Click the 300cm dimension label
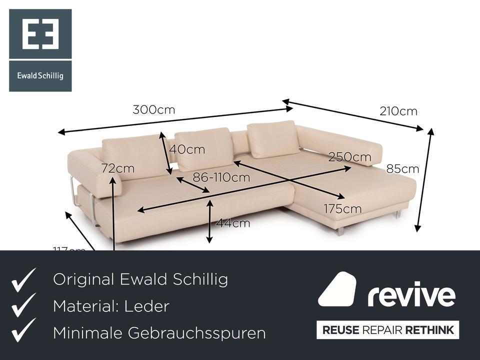[154, 110]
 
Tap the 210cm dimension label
[398, 111]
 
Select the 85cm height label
[402, 169]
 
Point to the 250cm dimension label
[350, 157]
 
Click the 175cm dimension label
[342, 209]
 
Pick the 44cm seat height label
[232, 223]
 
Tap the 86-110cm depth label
[221, 177]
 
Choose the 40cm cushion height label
[187, 149]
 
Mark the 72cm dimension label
[118, 168]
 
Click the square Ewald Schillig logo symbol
[40, 34]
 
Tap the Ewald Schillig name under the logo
[40, 76]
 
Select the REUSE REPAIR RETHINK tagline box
[387, 330]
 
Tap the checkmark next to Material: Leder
[23, 305]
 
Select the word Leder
[149, 306]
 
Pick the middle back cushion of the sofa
[204, 148]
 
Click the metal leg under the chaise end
[340, 231]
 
